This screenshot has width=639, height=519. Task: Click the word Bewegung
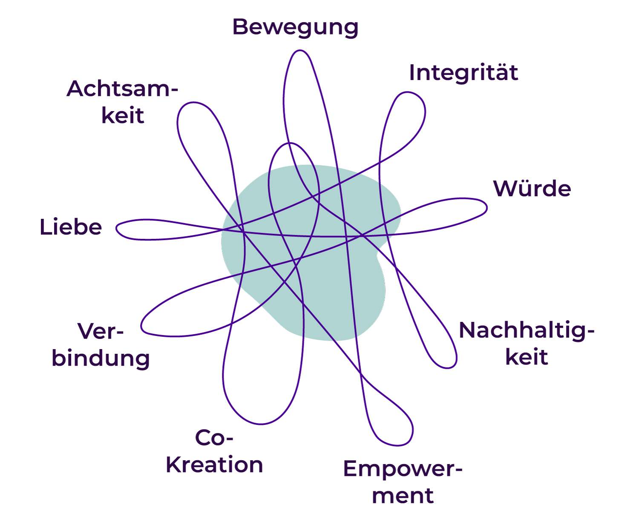(x=295, y=28)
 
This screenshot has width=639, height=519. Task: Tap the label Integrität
(x=463, y=73)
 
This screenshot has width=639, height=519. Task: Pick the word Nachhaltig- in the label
(x=527, y=331)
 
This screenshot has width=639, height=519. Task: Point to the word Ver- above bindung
(x=101, y=331)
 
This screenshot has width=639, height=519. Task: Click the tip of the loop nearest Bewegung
(x=300, y=50)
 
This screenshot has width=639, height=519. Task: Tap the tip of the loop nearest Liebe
(x=116, y=229)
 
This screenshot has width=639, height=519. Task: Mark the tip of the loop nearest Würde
(x=486, y=207)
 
